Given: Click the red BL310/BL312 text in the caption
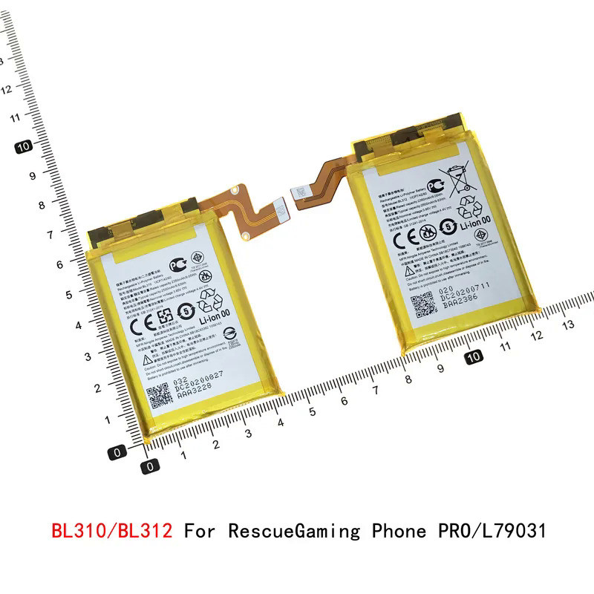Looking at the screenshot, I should pos(112,532).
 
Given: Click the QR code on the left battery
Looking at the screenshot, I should pos(160,397).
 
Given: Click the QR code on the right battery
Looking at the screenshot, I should pos(422,304).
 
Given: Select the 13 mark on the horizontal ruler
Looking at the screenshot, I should pos(569,324).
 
